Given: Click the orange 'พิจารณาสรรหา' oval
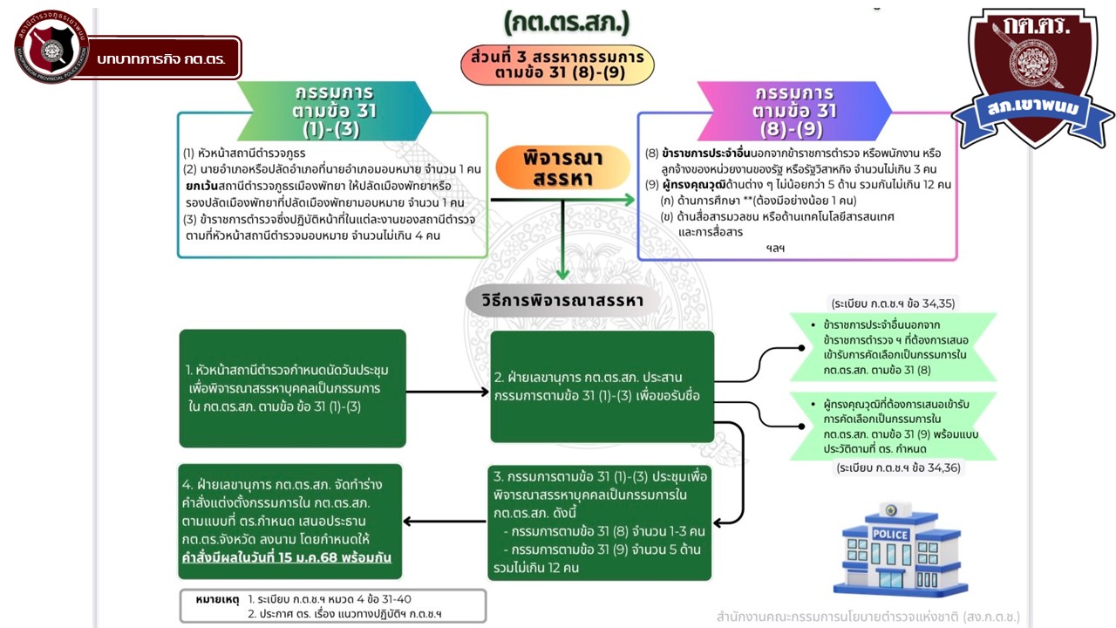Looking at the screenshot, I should coord(562,167).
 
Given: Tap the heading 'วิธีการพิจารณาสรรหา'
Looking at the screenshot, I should coord(561,301).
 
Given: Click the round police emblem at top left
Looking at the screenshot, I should coord(45,46).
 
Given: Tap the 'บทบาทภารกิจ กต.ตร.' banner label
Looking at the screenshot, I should coord(161,58).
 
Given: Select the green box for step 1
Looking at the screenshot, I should coord(292,387).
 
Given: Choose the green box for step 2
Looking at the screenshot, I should coord(602,386).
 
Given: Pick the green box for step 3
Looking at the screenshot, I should coord(601,522).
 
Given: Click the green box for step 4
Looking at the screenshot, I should coord(290,522).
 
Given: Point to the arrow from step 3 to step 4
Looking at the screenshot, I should coord(445,522).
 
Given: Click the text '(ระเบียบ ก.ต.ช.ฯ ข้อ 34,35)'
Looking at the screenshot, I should coord(893,304).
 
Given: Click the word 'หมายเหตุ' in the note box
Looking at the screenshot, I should coord(214,600).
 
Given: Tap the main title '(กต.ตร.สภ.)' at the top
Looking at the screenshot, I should coord(566,22).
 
